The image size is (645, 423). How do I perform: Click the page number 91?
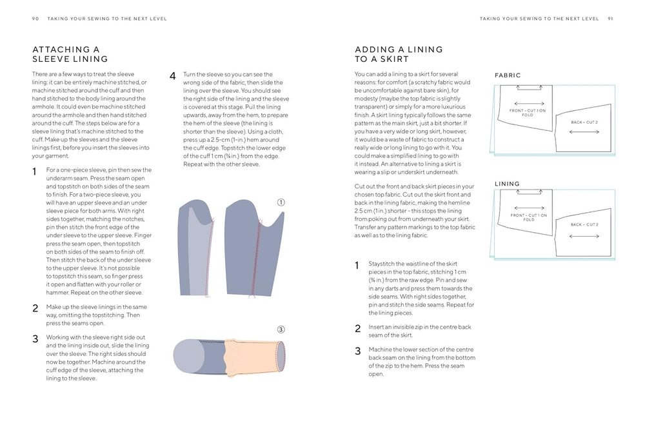(610, 19)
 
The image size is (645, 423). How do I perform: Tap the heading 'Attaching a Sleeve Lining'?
(70, 54)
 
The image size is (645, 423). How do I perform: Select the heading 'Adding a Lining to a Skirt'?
(399, 54)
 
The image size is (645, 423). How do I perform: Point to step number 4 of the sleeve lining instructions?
(173, 76)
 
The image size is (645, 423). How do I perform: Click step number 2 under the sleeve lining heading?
(35, 308)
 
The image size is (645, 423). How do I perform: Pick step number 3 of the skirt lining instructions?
(358, 351)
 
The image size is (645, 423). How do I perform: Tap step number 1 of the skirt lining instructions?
(358, 265)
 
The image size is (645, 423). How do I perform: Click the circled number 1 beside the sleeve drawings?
(281, 202)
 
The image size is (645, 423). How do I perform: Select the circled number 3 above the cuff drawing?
(281, 328)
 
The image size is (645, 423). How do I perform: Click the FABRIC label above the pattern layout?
(508, 75)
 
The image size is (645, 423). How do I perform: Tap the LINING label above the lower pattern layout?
(507, 184)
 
